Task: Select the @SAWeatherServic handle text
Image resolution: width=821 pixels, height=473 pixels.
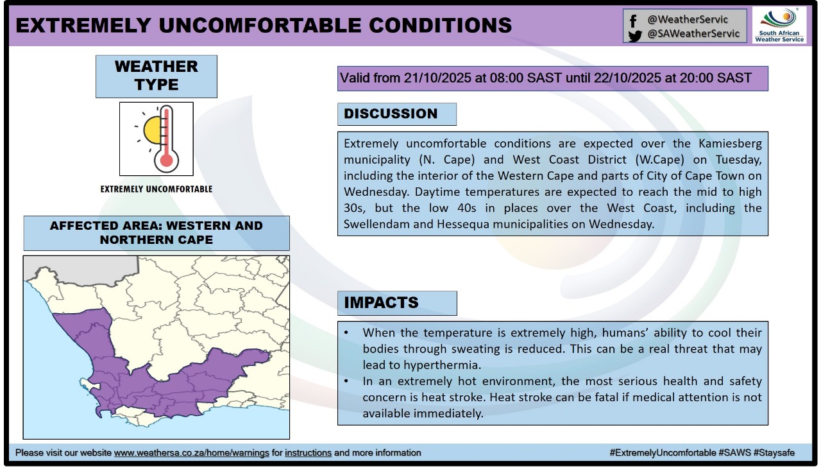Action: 693,34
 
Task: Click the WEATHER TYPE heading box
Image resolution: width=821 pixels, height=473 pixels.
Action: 157,76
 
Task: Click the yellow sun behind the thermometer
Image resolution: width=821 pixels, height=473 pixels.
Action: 151,130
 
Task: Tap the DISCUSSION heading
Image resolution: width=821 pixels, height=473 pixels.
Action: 391,114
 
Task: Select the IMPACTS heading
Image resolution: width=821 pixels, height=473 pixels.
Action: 381,303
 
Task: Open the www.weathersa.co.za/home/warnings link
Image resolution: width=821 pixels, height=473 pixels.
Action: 191,453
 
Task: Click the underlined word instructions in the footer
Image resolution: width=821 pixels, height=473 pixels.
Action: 308,453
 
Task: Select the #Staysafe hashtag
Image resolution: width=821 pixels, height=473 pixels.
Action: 774,453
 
